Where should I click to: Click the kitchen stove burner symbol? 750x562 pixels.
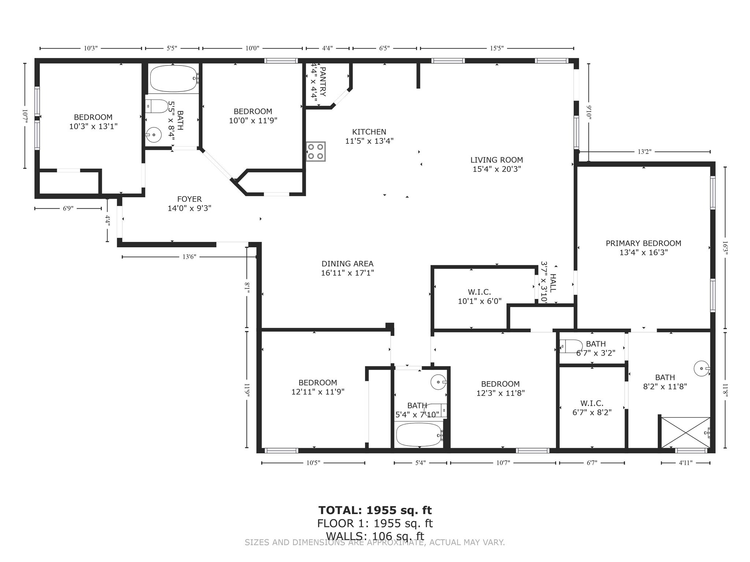[x=316, y=151]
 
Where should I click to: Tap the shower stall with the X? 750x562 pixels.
[x=685, y=432]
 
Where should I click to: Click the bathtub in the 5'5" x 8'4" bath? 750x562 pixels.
[x=173, y=79]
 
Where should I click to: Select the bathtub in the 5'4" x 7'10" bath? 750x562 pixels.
[x=418, y=435]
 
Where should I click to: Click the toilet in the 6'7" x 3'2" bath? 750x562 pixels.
[x=571, y=346]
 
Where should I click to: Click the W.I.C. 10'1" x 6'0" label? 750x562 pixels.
[x=479, y=296]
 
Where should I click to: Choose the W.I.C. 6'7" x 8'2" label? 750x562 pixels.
[x=592, y=408]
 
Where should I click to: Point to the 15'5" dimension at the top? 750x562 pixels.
[x=497, y=48]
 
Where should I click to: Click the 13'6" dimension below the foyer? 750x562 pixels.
[x=189, y=257]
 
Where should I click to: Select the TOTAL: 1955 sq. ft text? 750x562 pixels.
[x=375, y=510]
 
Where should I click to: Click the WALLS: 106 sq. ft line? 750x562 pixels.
[x=375, y=536]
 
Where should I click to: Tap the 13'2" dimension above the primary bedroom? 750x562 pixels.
[x=644, y=152]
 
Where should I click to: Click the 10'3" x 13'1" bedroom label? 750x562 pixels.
[x=93, y=122]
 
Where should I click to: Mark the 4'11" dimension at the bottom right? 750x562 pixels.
[x=686, y=463]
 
